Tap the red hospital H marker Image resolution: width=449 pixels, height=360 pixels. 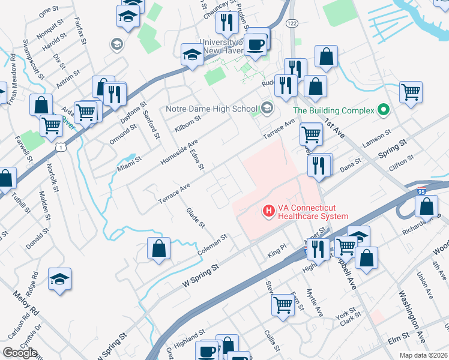click(x=268, y=211)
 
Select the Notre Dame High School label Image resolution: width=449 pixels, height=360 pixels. click(x=211, y=109)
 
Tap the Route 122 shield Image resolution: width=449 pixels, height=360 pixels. click(x=292, y=23)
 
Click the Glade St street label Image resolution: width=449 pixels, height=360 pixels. click(x=196, y=218)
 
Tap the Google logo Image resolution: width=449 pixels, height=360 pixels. click(x=20, y=353)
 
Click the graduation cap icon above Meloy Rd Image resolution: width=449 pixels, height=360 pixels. click(x=60, y=279)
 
